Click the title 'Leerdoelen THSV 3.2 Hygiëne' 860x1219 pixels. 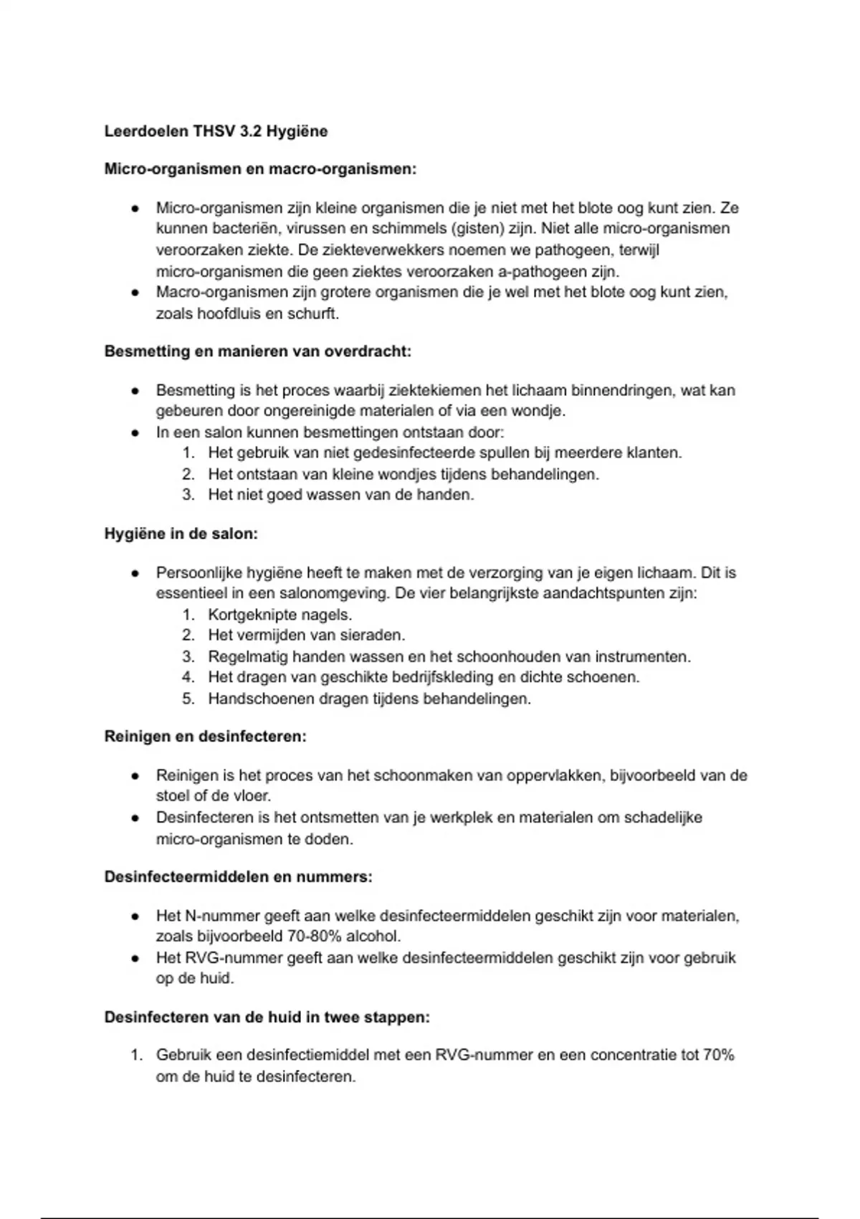(x=216, y=131)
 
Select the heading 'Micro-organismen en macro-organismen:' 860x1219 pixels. (x=260, y=169)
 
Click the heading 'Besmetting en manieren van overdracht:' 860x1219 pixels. (x=258, y=351)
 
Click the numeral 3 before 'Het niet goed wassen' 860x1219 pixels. (x=188, y=495)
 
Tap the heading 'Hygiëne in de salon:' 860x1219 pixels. (x=181, y=534)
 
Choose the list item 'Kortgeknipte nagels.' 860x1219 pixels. (x=279, y=615)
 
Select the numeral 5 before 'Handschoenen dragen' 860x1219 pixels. (x=188, y=698)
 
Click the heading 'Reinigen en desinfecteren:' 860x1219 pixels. (x=205, y=736)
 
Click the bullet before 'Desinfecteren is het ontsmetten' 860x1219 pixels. (x=134, y=818)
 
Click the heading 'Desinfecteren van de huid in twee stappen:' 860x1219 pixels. (x=267, y=1018)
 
